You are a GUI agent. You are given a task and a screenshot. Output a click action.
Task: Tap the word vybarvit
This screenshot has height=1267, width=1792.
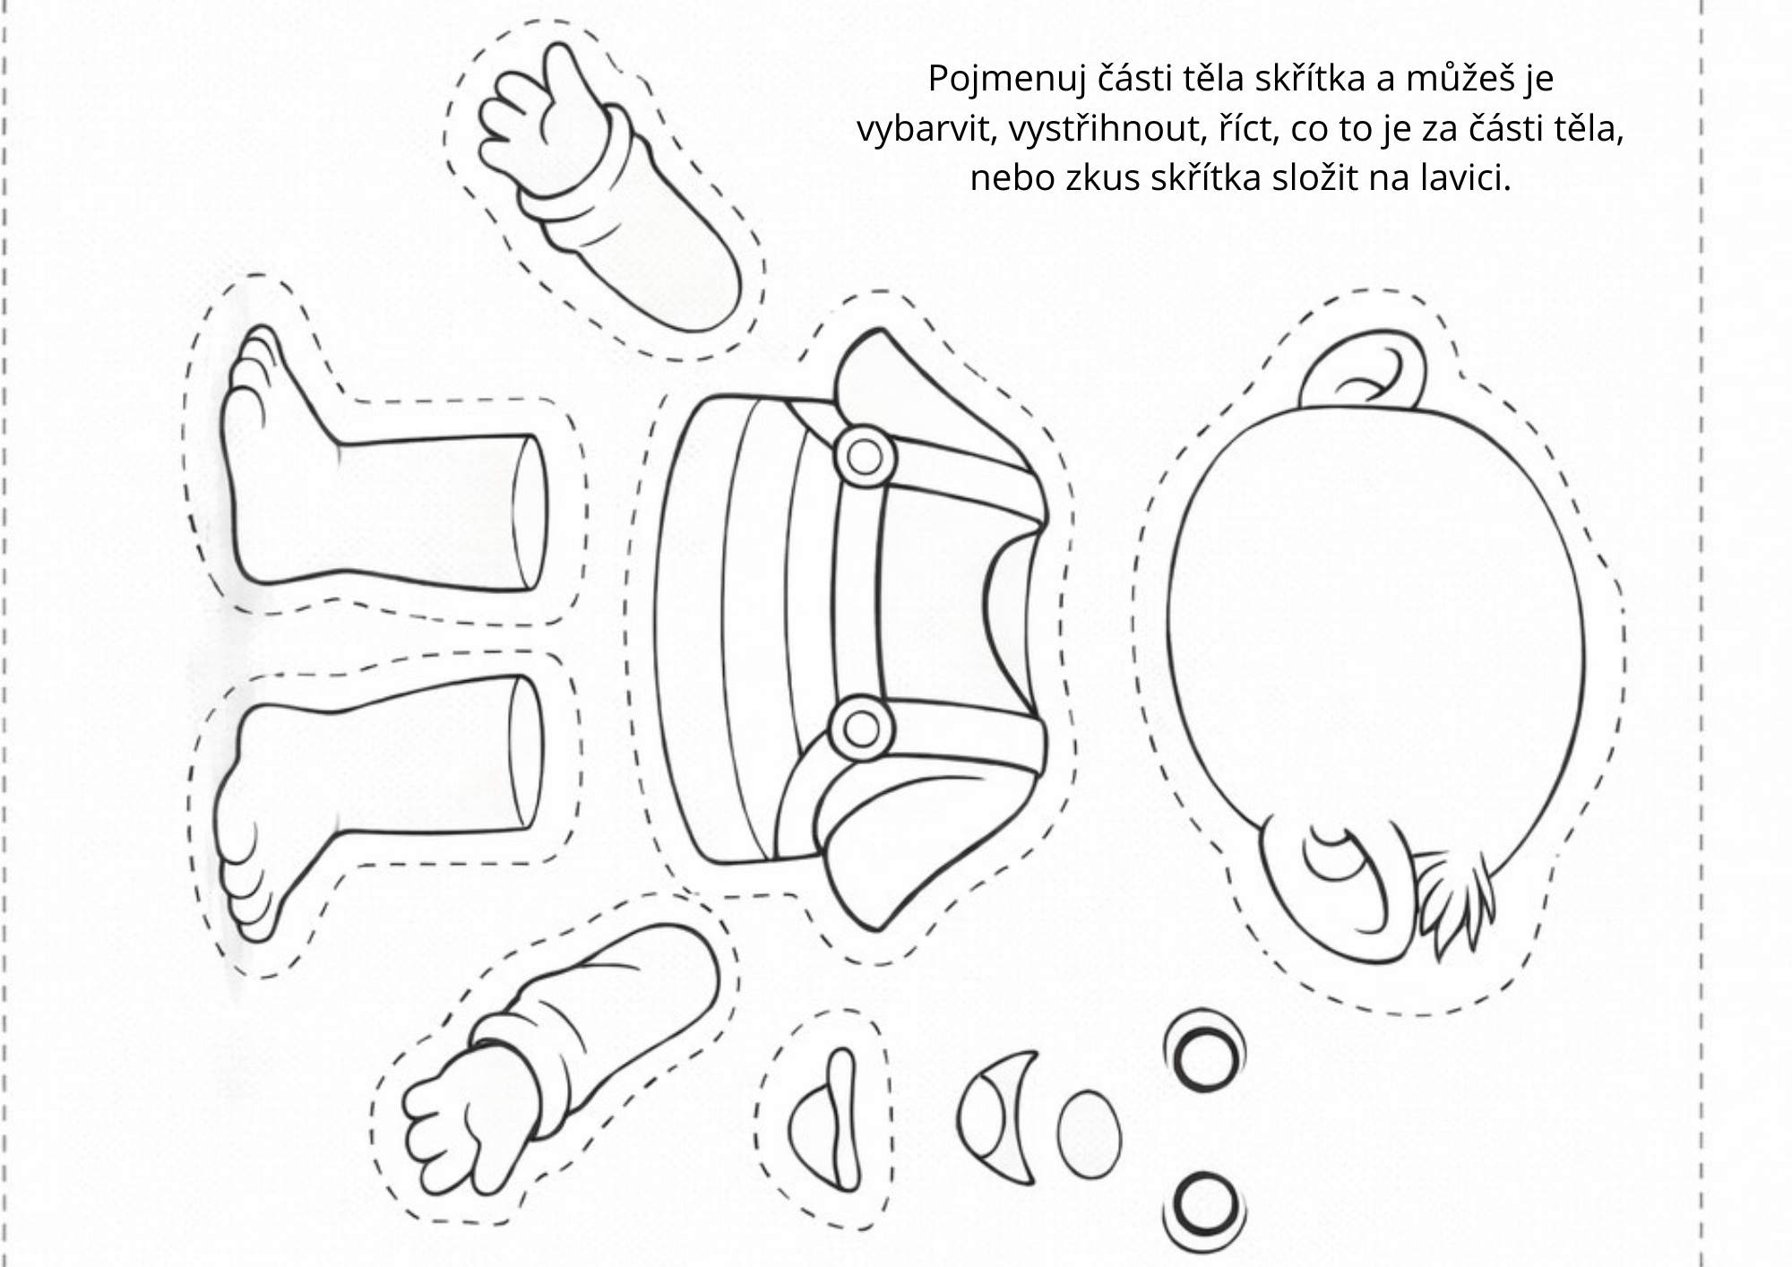pyautogui.click(x=925, y=131)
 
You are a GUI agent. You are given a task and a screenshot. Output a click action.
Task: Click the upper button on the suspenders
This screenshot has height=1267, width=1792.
pyautogui.click(x=865, y=457)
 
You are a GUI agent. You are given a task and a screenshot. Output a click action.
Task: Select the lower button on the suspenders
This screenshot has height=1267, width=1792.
pyautogui.click(x=862, y=728)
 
